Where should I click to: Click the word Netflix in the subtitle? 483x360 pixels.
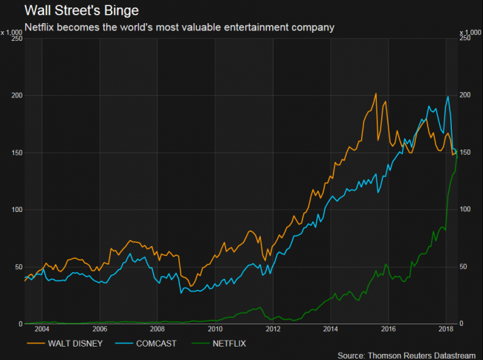tap(42, 28)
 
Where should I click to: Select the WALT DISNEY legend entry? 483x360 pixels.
tap(68, 344)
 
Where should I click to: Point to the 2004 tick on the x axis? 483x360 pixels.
tap(42, 329)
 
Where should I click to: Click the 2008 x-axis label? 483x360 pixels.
tap(158, 329)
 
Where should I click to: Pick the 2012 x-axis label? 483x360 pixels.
tap(273, 329)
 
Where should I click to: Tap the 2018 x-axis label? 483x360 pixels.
tap(447, 329)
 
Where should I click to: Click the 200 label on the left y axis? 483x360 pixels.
tap(16, 95)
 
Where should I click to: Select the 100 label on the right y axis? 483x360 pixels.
tap(467, 210)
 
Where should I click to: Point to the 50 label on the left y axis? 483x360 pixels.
tap(18, 266)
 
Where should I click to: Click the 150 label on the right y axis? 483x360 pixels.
tap(467, 152)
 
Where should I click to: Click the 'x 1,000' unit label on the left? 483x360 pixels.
tap(12, 32)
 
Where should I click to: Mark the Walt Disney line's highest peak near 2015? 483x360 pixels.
tap(376, 94)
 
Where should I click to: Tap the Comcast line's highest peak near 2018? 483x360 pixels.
tap(447, 97)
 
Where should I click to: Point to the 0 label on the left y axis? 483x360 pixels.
tap(20, 324)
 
